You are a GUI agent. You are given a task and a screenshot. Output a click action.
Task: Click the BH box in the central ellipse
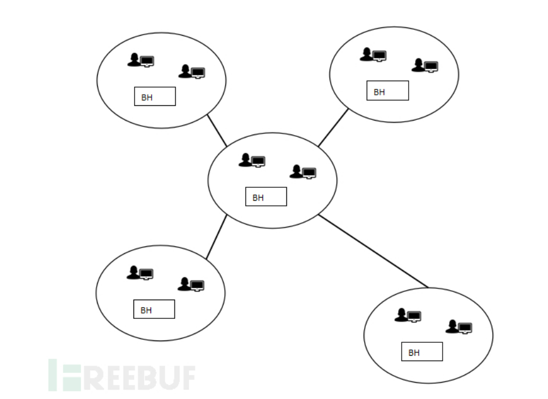(266, 197)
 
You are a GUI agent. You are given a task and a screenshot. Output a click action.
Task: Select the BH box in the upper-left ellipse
(155, 97)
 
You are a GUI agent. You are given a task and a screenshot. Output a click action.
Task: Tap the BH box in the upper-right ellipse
(387, 91)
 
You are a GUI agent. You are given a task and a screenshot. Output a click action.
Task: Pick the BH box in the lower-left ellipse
(154, 309)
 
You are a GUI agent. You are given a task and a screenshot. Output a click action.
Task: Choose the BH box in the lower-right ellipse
(422, 352)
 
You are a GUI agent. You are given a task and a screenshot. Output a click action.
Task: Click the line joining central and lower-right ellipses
(373, 251)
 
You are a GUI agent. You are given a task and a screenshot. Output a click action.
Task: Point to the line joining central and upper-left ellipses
(217, 130)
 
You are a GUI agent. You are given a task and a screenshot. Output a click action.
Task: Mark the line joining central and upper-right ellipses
(333, 128)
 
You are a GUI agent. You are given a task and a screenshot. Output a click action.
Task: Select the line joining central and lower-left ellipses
(217, 237)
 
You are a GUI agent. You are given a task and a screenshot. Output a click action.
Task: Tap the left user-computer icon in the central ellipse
(252, 160)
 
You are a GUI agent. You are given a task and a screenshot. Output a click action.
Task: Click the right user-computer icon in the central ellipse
(303, 172)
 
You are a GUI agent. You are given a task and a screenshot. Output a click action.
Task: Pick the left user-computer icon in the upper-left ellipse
(141, 60)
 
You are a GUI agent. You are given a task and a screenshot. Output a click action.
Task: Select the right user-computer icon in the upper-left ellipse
(192, 71)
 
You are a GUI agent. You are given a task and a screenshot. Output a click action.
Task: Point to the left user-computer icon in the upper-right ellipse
(374, 54)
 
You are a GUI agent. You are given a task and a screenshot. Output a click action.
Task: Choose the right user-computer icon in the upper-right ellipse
(425, 66)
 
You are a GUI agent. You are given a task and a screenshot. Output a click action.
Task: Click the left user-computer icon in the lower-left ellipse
(141, 273)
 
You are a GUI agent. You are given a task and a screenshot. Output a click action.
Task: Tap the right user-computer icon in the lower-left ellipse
(191, 284)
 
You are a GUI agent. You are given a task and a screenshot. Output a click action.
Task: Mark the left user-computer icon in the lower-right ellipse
(408, 315)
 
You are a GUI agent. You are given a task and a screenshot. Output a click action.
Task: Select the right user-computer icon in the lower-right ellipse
(459, 326)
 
